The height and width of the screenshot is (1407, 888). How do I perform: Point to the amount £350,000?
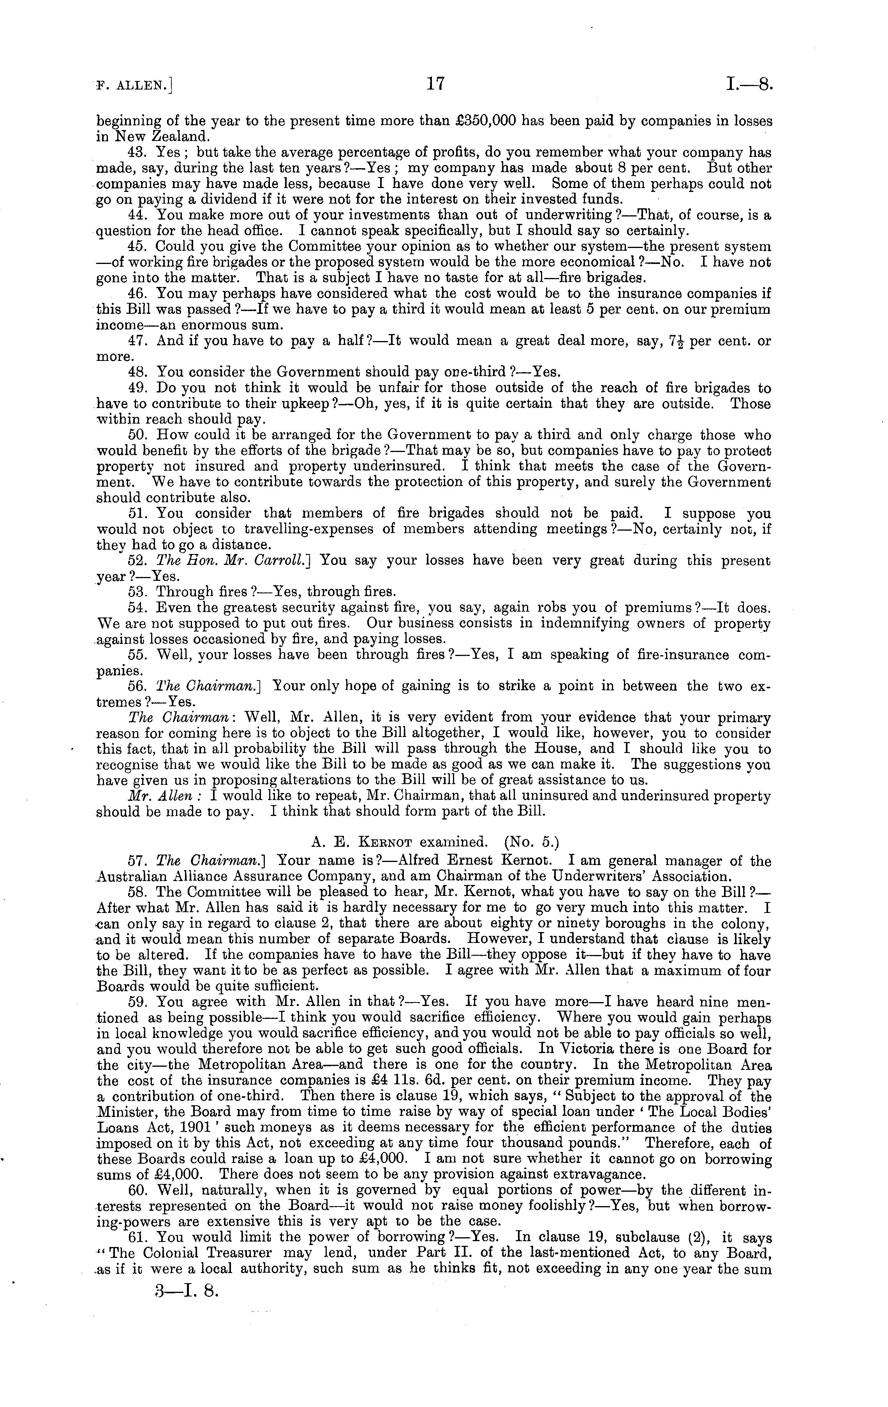486,121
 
